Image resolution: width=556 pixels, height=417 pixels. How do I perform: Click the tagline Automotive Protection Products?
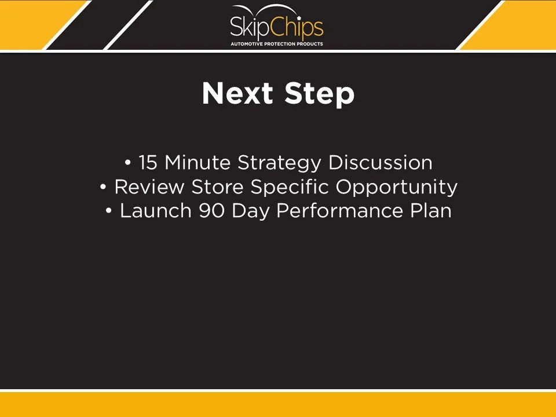[x=277, y=43]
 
